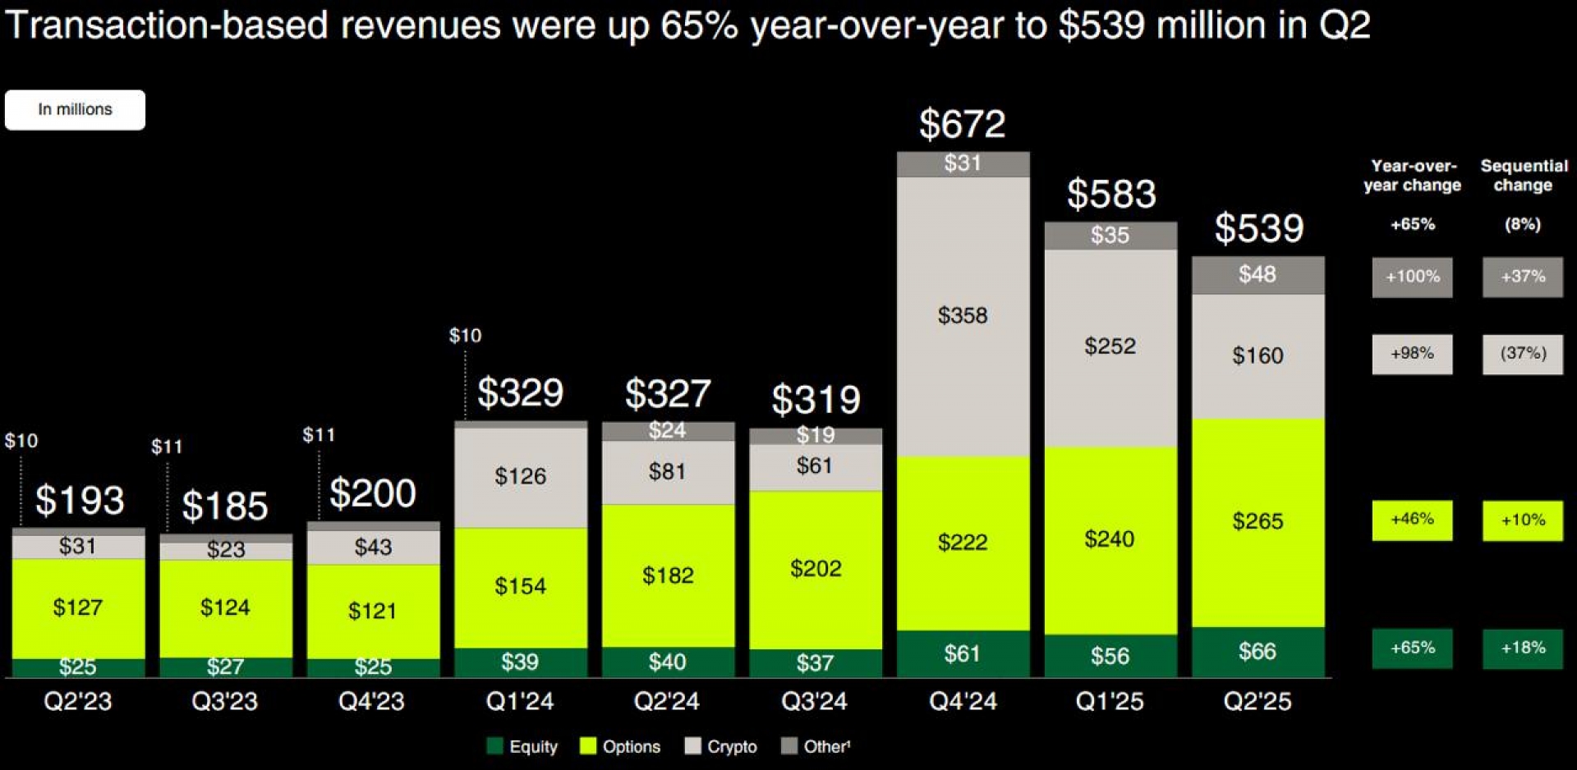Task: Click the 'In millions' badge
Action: point(75,110)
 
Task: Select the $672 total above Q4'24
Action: point(962,125)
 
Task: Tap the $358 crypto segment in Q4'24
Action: point(963,315)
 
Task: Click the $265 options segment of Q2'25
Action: point(1257,521)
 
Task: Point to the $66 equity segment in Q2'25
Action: point(1257,652)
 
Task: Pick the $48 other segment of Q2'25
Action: point(1257,274)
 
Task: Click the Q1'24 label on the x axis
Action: point(520,701)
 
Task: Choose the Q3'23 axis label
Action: point(224,701)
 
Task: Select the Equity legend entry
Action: point(522,746)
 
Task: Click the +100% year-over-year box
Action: point(1412,277)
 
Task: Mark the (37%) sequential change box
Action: point(1523,354)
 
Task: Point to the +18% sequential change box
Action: point(1523,648)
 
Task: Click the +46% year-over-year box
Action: point(1412,520)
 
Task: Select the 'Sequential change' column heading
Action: point(1524,176)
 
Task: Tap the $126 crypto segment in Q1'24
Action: point(520,476)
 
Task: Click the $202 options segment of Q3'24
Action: point(816,569)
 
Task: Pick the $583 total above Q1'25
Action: point(1110,195)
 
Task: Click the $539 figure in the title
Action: point(1101,25)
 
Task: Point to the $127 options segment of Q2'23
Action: point(78,607)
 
